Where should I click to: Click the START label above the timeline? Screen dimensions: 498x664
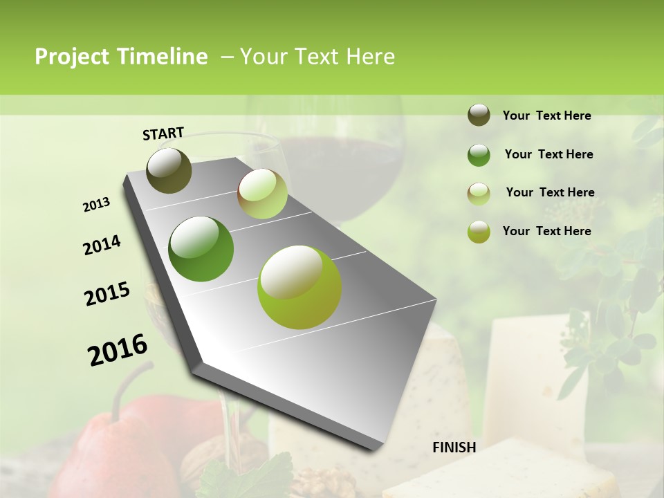(163, 133)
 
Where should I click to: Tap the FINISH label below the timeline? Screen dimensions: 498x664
(454, 448)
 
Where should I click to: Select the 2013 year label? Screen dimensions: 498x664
(96, 205)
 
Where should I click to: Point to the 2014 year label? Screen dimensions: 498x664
(102, 245)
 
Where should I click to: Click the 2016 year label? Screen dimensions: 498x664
(118, 349)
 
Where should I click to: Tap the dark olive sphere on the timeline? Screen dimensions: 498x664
(169, 170)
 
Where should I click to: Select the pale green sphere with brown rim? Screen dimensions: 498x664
(262, 194)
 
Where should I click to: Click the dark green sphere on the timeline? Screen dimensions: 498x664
(201, 248)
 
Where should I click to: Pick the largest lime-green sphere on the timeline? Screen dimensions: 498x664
(299, 287)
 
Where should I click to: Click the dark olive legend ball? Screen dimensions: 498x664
(479, 116)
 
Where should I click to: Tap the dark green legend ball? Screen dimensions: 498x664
(479, 155)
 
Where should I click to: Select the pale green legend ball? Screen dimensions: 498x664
(479, 194)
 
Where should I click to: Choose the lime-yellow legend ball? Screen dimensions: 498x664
(479, 232)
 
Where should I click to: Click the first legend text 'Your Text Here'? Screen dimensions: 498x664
(546, 116)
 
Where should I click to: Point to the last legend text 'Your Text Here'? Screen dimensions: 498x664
(546, 231)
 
